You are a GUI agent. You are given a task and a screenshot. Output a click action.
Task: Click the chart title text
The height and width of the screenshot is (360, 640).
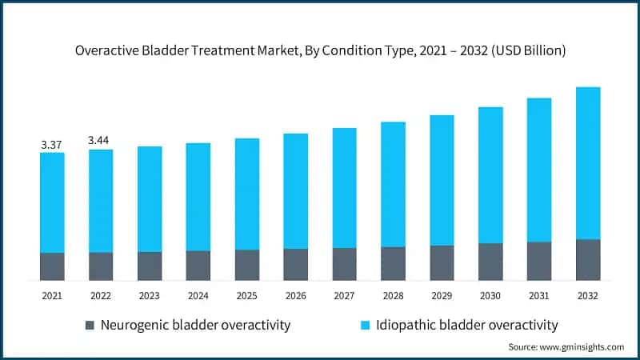(320, 50)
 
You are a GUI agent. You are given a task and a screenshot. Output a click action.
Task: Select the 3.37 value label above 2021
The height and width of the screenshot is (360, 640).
(52, 144)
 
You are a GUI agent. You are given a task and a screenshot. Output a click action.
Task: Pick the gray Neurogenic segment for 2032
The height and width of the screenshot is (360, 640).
(588, 259)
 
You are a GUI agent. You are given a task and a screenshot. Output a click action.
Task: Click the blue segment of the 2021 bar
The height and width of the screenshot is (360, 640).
(52, 202)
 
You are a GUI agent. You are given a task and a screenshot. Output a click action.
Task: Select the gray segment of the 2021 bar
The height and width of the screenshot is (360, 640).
(52, 266)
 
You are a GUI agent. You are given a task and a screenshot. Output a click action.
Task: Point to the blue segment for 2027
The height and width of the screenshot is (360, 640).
(344, 187)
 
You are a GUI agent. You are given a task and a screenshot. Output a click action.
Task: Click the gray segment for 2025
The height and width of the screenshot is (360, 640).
(246, 265)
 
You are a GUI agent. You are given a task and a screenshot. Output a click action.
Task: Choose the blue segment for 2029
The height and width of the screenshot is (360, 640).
(442, 180)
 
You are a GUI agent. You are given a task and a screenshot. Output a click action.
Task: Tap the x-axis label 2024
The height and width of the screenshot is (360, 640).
(198, 296)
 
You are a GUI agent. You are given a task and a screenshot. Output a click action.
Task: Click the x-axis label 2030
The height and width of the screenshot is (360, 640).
(490, 296)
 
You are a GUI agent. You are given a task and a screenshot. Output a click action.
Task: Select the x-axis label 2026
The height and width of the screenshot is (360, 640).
(295, 296)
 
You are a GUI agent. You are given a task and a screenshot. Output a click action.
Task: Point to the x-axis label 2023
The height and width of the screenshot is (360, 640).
(149, 296)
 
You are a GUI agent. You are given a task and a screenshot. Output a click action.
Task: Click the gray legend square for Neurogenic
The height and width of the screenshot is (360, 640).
(90, 325)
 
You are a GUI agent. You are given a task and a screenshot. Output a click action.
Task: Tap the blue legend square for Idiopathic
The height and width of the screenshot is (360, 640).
(365, 325)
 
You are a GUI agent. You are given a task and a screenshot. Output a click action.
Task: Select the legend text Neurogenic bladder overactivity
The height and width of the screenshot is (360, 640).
(196, 325)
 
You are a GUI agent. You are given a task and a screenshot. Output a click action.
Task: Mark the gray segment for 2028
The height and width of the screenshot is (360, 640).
(393, 263)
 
